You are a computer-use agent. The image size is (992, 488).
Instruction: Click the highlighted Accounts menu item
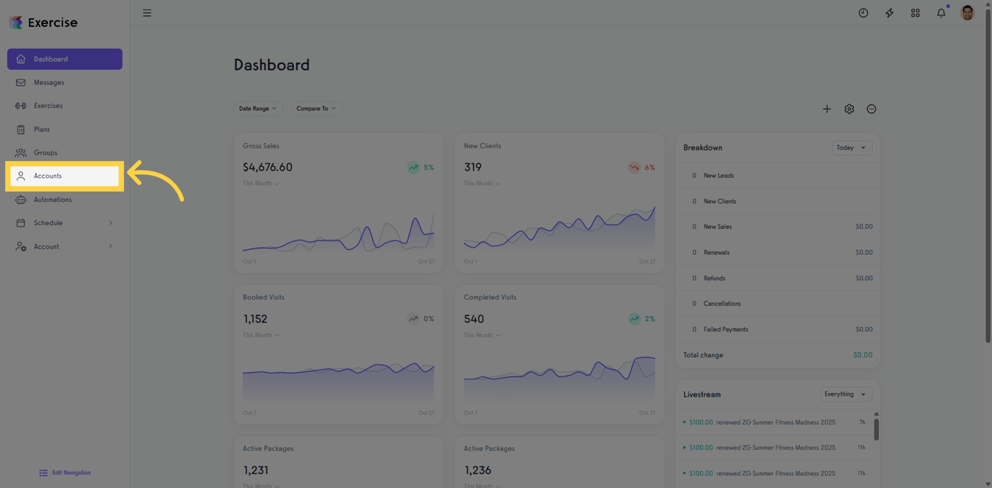64,176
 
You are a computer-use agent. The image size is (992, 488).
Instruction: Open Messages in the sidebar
49,83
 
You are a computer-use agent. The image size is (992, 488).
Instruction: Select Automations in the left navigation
52,200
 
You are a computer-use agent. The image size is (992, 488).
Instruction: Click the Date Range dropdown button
258,108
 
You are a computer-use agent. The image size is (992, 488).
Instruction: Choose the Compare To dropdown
316,108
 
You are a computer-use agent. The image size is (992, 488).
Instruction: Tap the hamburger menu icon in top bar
147,13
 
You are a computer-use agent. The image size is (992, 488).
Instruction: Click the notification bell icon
941,13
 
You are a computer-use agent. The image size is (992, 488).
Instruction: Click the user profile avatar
967,13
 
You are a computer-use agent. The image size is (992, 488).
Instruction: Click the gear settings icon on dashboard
849,109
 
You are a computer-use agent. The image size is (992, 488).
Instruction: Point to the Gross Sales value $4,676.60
267,167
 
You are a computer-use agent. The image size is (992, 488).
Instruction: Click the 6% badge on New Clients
642,167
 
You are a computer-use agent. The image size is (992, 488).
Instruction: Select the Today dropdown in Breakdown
851,147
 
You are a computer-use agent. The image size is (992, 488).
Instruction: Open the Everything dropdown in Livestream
845,394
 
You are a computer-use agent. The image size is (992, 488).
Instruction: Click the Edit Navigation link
65,473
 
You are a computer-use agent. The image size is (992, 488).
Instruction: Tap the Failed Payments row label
725,330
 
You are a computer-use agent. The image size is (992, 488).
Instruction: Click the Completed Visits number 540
473,319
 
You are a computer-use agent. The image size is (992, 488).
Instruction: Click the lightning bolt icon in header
889,13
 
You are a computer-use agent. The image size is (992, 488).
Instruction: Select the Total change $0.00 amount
863,355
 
